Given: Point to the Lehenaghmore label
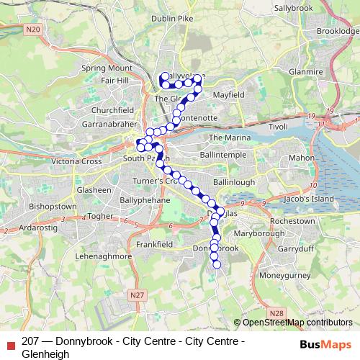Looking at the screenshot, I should pyautogui.click(x=75, y=256).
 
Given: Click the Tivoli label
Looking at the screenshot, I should pyautogui.click(x=279, y=127).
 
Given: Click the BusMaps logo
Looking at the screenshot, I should pyautogui.click(x=327, y=344).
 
